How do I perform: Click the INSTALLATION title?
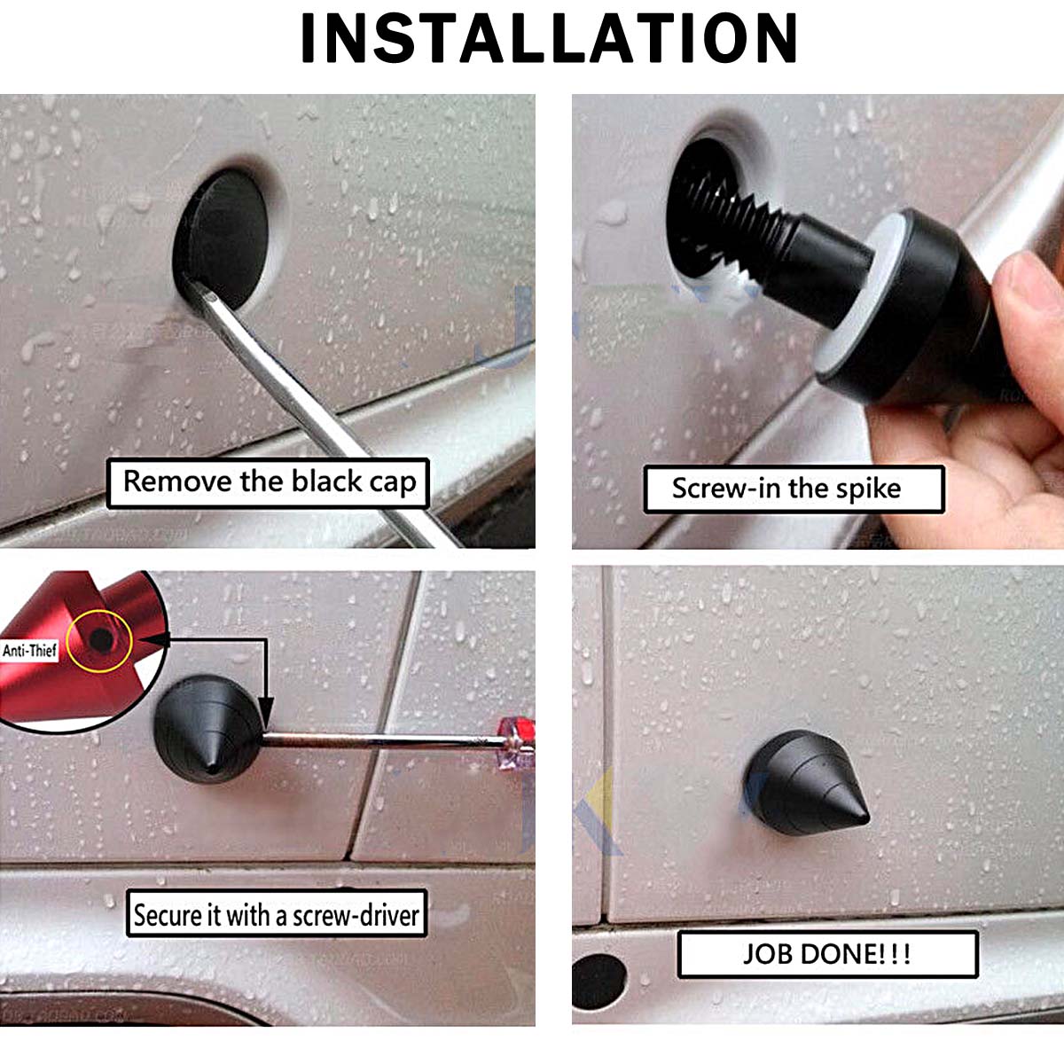point(548,37)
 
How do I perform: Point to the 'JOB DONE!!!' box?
point(827,953)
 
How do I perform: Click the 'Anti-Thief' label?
point(30,650)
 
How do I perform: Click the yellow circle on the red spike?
point(98,642)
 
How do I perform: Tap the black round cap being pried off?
point(221,238)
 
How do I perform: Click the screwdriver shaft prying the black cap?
point(315,406)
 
